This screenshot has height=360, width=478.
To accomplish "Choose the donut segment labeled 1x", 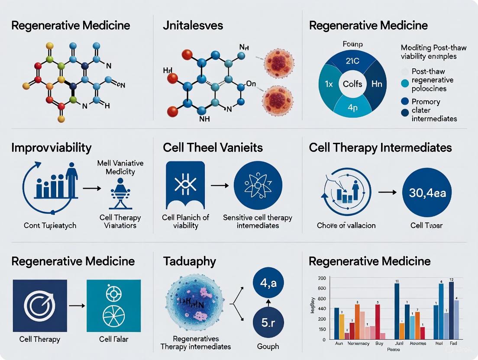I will click(326, 84).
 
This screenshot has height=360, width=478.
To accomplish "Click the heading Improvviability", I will click(52, 148).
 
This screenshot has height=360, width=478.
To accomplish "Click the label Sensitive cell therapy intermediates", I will click(257, 222).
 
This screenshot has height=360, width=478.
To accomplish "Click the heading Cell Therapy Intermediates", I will click(380, 148).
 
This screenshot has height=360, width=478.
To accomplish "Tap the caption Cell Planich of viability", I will click(185, 222).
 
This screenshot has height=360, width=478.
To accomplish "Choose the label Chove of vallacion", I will click(346, 225).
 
